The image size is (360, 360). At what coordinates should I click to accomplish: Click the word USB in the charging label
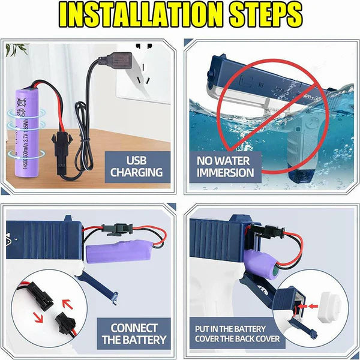[x=136, y=160]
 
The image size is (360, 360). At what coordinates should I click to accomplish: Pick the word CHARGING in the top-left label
[x=136, y=173]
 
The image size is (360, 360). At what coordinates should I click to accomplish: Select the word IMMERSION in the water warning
[x=226, y=173]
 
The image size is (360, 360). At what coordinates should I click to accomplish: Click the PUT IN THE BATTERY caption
[x=237, y=329]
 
